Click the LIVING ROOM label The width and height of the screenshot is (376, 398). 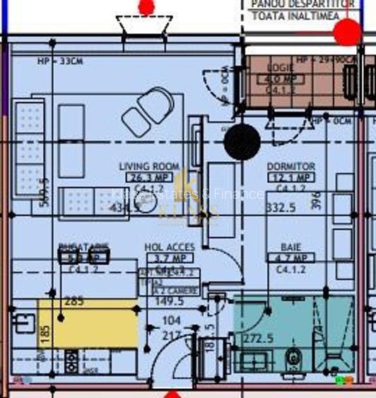(x=148, y=166)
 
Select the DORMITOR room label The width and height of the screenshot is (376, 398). (x=291, y=166)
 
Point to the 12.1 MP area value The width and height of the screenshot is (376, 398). (x=291, y=177)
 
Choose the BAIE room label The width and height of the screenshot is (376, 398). (x=290, y=247)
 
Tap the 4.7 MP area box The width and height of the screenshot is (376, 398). (x=290, y=259)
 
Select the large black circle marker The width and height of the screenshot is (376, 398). (x=242, y=141)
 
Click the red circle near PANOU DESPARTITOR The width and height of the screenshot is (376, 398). (x=346, y=32)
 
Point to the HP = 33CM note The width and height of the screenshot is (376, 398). (x=60, y=62)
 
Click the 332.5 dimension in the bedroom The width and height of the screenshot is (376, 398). (x=281, y=208)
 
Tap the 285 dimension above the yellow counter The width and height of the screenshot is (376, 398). (x=74, y=301)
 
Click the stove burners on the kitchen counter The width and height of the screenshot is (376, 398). (x=72, y=361)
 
